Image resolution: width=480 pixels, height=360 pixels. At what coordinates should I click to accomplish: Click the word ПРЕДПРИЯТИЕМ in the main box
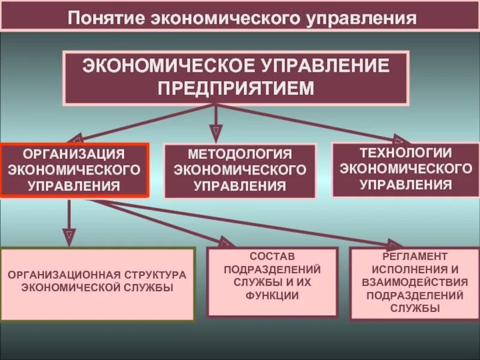point(236,88)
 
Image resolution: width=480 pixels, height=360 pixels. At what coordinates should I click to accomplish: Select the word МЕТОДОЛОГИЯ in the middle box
point(240,155)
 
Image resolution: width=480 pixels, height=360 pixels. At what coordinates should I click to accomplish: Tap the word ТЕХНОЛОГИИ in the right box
point(406,152)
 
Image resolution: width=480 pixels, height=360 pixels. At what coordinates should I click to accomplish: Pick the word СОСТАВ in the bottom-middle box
point(272,257)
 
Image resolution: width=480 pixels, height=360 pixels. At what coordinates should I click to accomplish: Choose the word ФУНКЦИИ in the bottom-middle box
point(272,295)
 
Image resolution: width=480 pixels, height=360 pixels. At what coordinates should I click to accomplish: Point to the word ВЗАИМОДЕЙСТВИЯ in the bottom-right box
point(406,282)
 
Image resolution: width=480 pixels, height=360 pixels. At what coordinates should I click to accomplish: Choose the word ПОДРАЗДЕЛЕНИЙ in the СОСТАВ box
point(272,269)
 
